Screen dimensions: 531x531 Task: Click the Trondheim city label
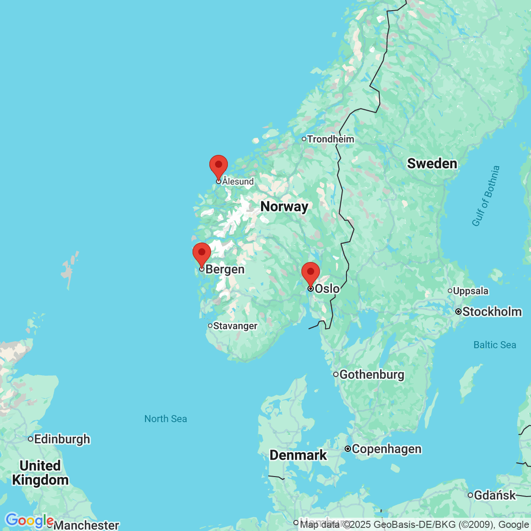pyautogui.click(x=331, y=139)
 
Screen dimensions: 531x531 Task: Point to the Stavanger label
pyautogui.click(x=235, y=326)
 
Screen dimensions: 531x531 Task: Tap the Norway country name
pyautogui.click(x=284, y=206)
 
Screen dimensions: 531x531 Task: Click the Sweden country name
pyautogui.click(x=432, y=164)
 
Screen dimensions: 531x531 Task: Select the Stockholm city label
pyautogui.click(x=492, y=312)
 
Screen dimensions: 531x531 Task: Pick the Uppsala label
pyautogui.click(x=471, y=291)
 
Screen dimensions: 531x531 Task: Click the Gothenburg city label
pyautogui.click(x=372, y=375)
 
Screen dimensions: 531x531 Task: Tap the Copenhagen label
pyautogui.click(x=386, y=449)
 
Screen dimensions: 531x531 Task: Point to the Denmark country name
pyautogui.click(x=298, y=455)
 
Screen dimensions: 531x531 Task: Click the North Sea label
pyautogui.click(x=165, y=419)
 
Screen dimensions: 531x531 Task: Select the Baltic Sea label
pyautogui.click(x=495, y=345)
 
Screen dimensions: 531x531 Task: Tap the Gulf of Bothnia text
pyautogui.click(x=485, y=196)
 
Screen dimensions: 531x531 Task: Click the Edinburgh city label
pyautogui.click(x=62, y=439)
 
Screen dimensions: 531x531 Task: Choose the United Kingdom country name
pyautogui.click(x=40, y=473)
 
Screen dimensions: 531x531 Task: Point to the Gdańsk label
pyautogui.click(x=495, y=496)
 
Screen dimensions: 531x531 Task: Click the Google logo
pyautogui.click(x=29, y=521)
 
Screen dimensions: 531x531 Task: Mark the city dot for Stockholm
pyautogui.click(x=459, y=312)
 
